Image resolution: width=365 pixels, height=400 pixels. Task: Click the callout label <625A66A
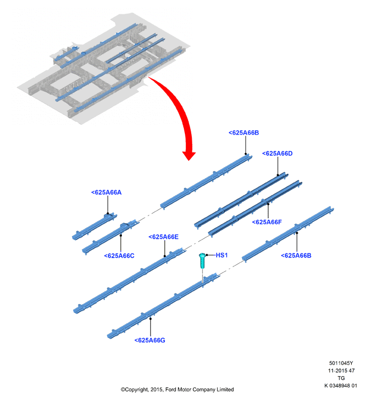106,192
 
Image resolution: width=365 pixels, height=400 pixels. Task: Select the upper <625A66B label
244,132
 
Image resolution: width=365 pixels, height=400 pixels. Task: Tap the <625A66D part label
277,154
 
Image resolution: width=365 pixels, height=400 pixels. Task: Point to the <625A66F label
267,222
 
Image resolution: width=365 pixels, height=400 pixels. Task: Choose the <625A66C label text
119,256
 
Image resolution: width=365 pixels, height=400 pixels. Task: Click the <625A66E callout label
164,237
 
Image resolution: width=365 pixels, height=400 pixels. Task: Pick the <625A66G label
150,340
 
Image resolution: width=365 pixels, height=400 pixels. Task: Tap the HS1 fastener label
221,255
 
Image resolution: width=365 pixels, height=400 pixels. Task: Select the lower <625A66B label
296,255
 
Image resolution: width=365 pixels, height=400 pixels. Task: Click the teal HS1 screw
202,261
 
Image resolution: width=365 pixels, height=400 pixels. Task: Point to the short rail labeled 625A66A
94,227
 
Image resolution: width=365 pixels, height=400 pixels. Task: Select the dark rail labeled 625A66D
241,200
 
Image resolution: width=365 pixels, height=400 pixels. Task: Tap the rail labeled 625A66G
163,306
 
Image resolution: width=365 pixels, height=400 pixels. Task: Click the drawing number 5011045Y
341,363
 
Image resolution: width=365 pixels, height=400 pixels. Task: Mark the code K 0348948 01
341,386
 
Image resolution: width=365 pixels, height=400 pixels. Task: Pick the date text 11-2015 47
341,371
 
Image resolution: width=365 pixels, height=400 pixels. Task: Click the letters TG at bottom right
341,378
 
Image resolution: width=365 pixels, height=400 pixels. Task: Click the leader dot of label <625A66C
121,235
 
